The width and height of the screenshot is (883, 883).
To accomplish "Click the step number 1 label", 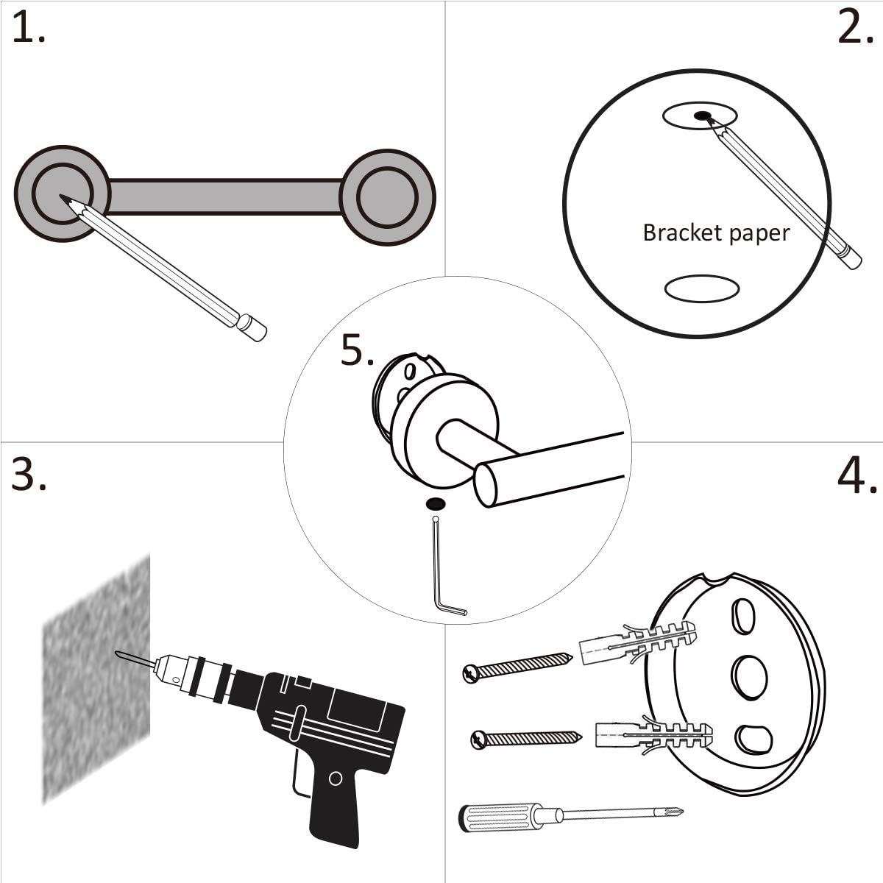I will point(28,29).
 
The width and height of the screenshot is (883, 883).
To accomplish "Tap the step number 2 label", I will point(855,29).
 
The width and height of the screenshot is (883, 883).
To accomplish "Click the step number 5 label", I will point(357,351).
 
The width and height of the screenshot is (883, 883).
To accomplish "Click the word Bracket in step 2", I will point(671,233).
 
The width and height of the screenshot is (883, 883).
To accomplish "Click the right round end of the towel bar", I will point(387,196).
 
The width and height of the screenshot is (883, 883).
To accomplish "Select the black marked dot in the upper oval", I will point(703,116).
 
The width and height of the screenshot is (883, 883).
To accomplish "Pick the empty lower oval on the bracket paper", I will point(701,288).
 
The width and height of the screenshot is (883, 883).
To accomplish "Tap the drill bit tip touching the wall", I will point(119,653).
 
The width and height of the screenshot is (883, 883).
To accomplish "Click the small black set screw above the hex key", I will point(436,504).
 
